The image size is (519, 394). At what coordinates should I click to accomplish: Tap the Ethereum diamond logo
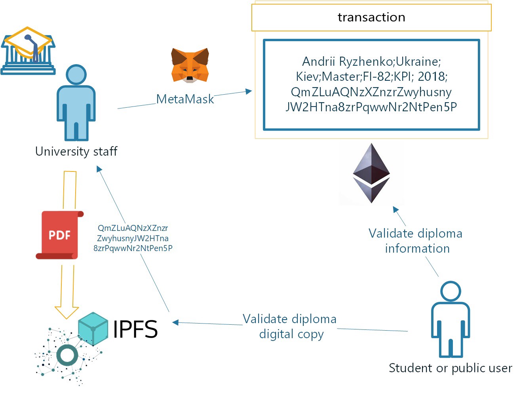pyautogui.click(x=371, y=173)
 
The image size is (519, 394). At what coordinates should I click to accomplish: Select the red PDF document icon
pyautogui.click(x=59, y=235)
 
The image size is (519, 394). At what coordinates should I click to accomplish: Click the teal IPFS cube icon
pyautogui.click(x=93, y=328)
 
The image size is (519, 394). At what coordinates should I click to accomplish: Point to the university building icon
pyautogui.click(x=28, y=51)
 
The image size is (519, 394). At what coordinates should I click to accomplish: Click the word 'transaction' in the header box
pyautogui.click(x=371, y=17)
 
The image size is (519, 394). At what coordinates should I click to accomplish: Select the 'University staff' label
pyautogui.click(x=76, y=151)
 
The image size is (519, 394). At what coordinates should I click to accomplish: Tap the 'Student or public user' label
pyautogui.click(x=450, y=368)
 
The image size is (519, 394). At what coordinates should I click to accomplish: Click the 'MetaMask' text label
pyautogui.click(x=185, y=99)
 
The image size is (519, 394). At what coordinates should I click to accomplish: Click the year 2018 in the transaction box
pyautogui.click(x=432, y=76)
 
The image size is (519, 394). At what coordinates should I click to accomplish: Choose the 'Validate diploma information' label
pyautogui.click(x=416, y=241)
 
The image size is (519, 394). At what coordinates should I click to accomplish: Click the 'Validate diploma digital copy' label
pyautogui.click(x=290, y=326)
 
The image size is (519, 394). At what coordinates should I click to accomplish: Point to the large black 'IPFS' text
pyautogui.click(x=135, y=329)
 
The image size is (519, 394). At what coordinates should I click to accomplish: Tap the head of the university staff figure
pyautogui.click(x=76, y=74)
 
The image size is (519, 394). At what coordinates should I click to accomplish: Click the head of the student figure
pyautogui.click(x=451, y=291)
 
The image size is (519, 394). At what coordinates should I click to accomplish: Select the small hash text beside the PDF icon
pyautogui.click(x=133, y=238)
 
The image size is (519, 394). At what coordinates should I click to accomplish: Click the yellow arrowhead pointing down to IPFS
pyautogui.click(x=67, y=312)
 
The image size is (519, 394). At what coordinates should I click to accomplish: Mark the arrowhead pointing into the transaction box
pyautogui.click(x=249, y=91)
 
